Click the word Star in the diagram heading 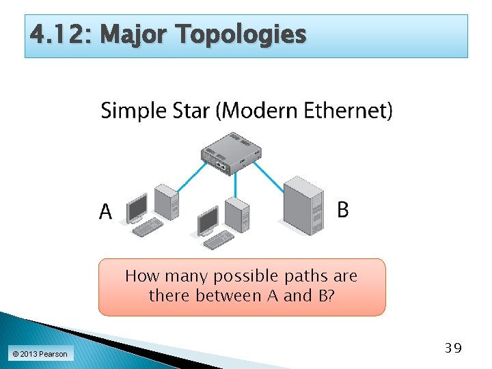(189, 110)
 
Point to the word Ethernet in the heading (346, 110)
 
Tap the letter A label (106, 213)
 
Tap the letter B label (343, 210)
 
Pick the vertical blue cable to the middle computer (236, 184)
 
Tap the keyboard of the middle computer (219, 239)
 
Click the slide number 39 (452, 348)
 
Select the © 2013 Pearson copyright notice (39, 353)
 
